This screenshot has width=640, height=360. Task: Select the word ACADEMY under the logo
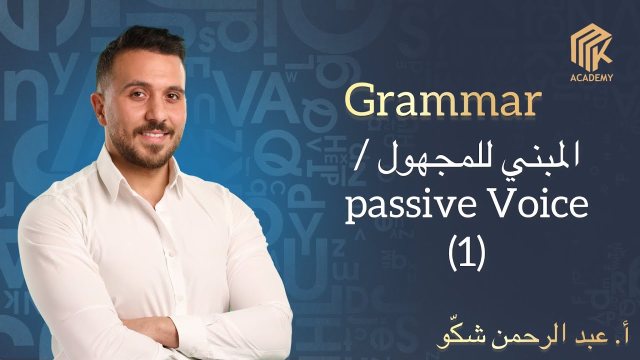point(591,77)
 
